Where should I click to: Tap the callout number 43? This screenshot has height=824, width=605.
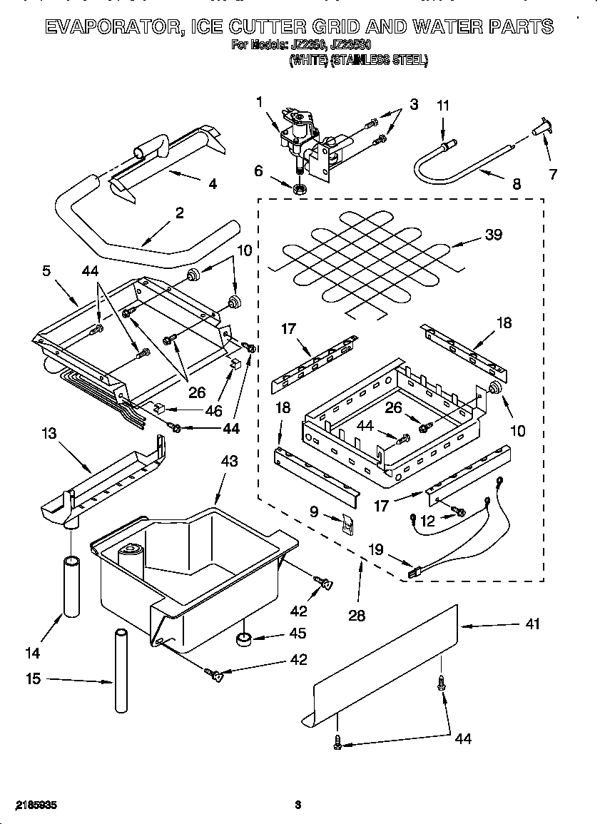228,462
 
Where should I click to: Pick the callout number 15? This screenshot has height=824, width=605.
33,678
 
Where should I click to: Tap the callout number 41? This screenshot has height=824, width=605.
532,624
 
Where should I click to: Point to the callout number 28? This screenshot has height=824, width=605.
356,616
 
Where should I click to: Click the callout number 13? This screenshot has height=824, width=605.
48,433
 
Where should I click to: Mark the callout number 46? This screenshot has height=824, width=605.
213,411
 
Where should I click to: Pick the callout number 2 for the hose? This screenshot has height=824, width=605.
179,212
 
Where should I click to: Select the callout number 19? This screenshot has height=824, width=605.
375,549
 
